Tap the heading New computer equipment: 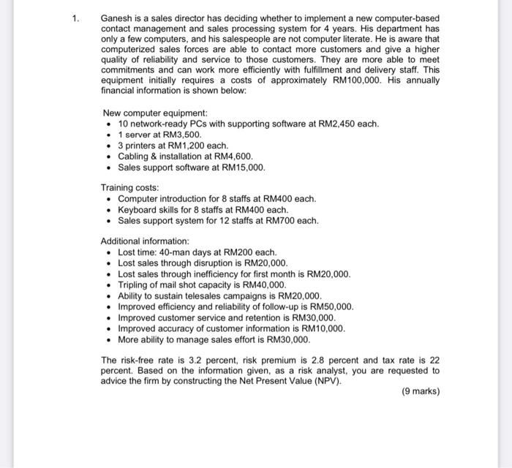(155, 113)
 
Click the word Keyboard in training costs (136, 209)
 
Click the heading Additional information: (145, 241)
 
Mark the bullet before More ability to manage (108, 340)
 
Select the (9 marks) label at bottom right (421, 391)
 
